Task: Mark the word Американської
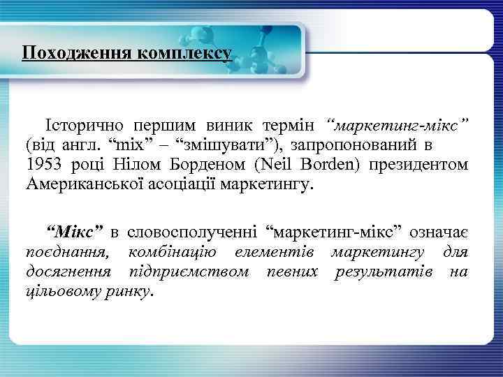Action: pyautogui.click(x=79, y=185)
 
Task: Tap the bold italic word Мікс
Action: pyautogui.click(x=74, y=231)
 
